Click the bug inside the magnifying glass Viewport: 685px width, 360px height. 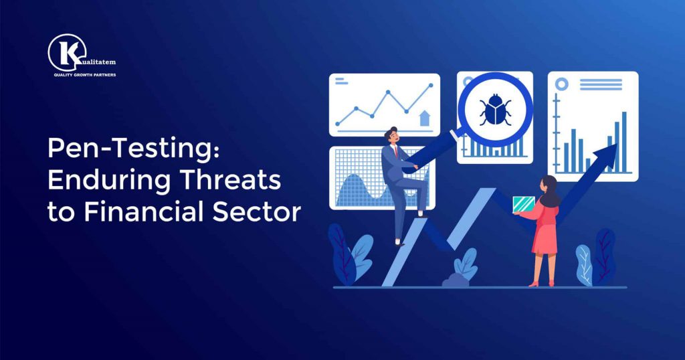click(x=495, y=110)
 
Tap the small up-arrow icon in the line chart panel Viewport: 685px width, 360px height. click(x=423, y=118)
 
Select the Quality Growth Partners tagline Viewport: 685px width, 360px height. click(x=84, y=75)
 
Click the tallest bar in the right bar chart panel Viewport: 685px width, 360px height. click(x=624, y=141)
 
